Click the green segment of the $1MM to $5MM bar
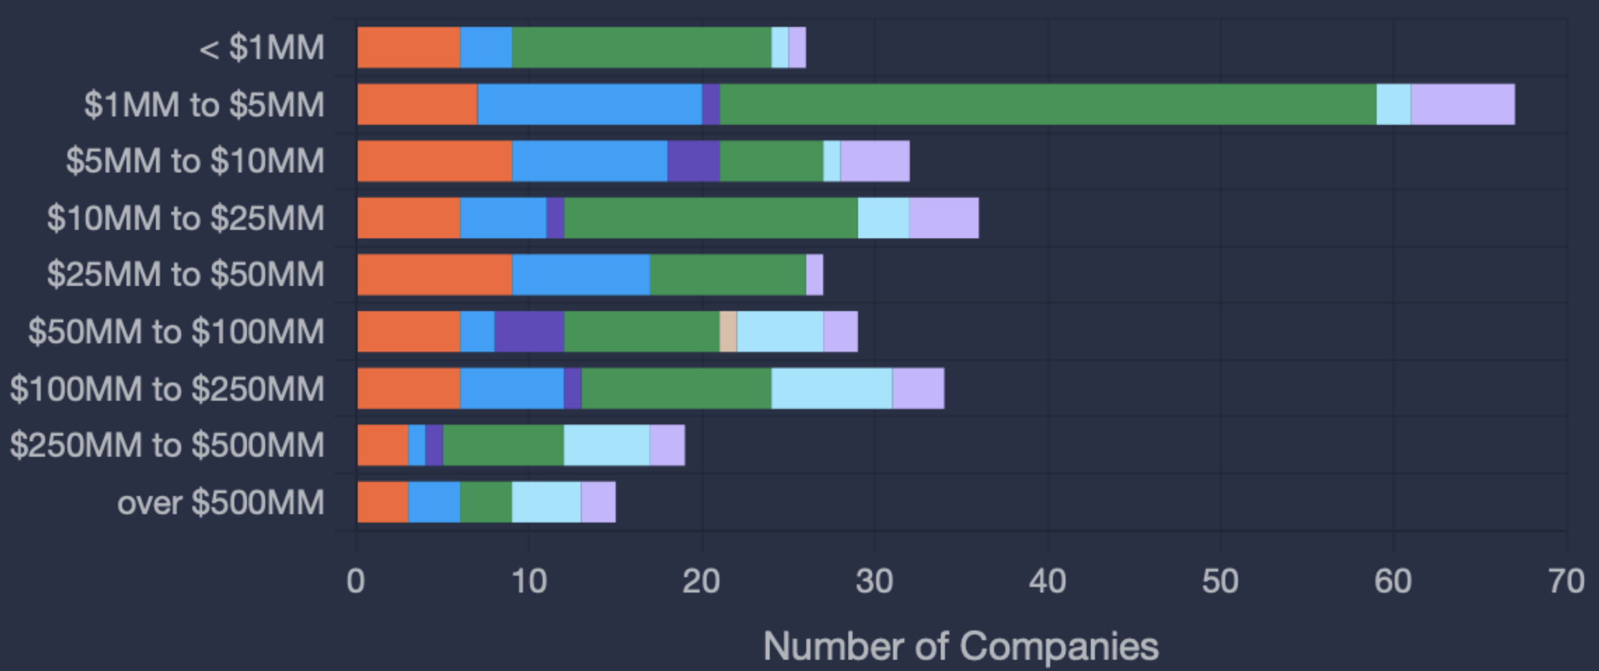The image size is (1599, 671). click(1048, 104)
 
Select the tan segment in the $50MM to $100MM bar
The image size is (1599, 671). click(728, 331)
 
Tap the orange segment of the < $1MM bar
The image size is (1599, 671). click(408, 48)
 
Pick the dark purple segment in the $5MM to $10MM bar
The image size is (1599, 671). click(694, 161)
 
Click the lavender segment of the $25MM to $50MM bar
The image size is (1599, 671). click(815, 274)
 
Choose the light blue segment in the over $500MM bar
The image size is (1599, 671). click(546, 502)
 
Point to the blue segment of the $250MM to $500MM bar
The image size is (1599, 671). click(417, 445)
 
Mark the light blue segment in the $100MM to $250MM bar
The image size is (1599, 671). click(832, 388)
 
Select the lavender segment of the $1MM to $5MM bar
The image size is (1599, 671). click(1462, 104)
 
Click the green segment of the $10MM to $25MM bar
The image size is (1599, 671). click(711, 218)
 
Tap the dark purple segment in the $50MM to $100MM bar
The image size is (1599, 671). click(529, 331)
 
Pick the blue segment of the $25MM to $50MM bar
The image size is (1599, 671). click(581, 274)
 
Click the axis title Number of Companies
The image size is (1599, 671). click(961, 646)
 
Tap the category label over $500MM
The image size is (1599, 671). click(221, 502)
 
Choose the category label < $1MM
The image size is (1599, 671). click(261, 48)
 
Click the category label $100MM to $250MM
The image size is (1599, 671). click(167, 389)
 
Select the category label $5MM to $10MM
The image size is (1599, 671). click(195, 161)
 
